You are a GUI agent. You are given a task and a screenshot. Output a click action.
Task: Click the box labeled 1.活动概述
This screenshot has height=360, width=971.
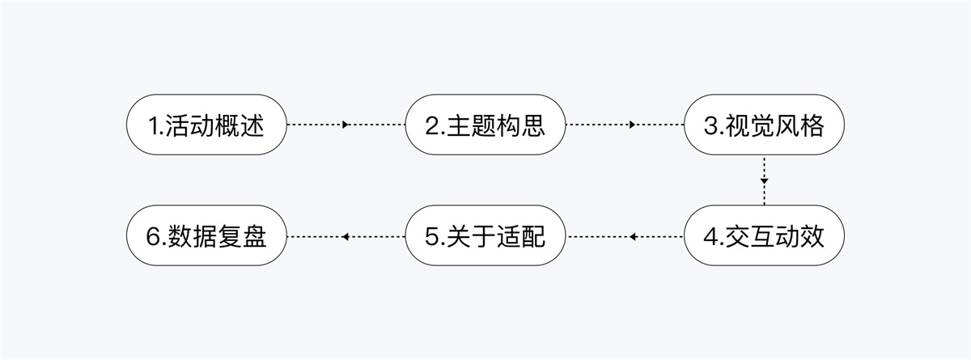pyautogui.click(x=206, y=125)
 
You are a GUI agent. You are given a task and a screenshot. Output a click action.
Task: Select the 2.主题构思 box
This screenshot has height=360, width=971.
pyautogui.click(x=485, y=125)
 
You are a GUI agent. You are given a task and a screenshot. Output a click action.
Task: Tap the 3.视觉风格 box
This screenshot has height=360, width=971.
pyautogui.click(x=764, y=125)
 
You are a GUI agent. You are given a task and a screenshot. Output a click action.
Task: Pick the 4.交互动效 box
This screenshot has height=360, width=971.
pyautogui.click(x=764, y=235)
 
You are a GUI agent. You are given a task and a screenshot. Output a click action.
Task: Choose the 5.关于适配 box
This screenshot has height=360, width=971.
pyautogui.click(x=485, y=235)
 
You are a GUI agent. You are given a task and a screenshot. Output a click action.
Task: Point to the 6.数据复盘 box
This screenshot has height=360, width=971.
pyautogui.click(x=206, y=235)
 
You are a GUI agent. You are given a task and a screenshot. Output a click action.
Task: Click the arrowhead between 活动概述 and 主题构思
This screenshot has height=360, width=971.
pyautogui.click(x=346, y=125)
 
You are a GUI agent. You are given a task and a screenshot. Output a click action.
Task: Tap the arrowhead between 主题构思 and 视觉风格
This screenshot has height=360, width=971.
pyautogui.click(x=633, y=125)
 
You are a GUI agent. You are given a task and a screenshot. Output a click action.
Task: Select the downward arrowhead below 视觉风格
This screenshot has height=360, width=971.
pyautogui.click(x=764, y=181)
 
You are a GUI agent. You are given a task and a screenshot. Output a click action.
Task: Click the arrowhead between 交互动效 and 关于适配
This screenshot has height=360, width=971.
pyautogui.click(x=633, y=236)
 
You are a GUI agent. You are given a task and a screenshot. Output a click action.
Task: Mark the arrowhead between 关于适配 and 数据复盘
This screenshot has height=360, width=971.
pyautogui.click(x=346, y=236)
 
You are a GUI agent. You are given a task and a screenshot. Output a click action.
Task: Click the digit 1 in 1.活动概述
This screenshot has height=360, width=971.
pyautogui.click(x=155, y=126)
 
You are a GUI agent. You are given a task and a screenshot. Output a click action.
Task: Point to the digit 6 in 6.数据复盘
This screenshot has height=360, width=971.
pyautogui.click(x=154, y=237)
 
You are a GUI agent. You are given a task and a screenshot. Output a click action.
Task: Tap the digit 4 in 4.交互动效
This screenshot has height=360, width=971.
pyautogui.click(x=711, y=237)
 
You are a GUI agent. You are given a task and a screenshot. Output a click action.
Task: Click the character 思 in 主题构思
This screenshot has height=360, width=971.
pyautogui.click(x=533, y=125)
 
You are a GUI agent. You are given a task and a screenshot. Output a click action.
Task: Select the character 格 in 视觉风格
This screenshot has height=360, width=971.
pyautogui.click(x=812, y=125)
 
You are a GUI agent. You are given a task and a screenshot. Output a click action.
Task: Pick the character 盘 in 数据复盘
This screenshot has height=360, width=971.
pyautogui.click(x=255, y=236)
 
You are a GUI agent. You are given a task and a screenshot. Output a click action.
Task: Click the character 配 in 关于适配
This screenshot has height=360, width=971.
pyautogui.click(x=533, y=236)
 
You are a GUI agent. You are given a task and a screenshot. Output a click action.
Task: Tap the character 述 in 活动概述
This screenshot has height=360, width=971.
pyautogui.click(x=252, y=125)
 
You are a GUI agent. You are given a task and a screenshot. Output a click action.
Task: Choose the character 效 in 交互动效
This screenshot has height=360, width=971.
pyautogui.click(x=812, y=236)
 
